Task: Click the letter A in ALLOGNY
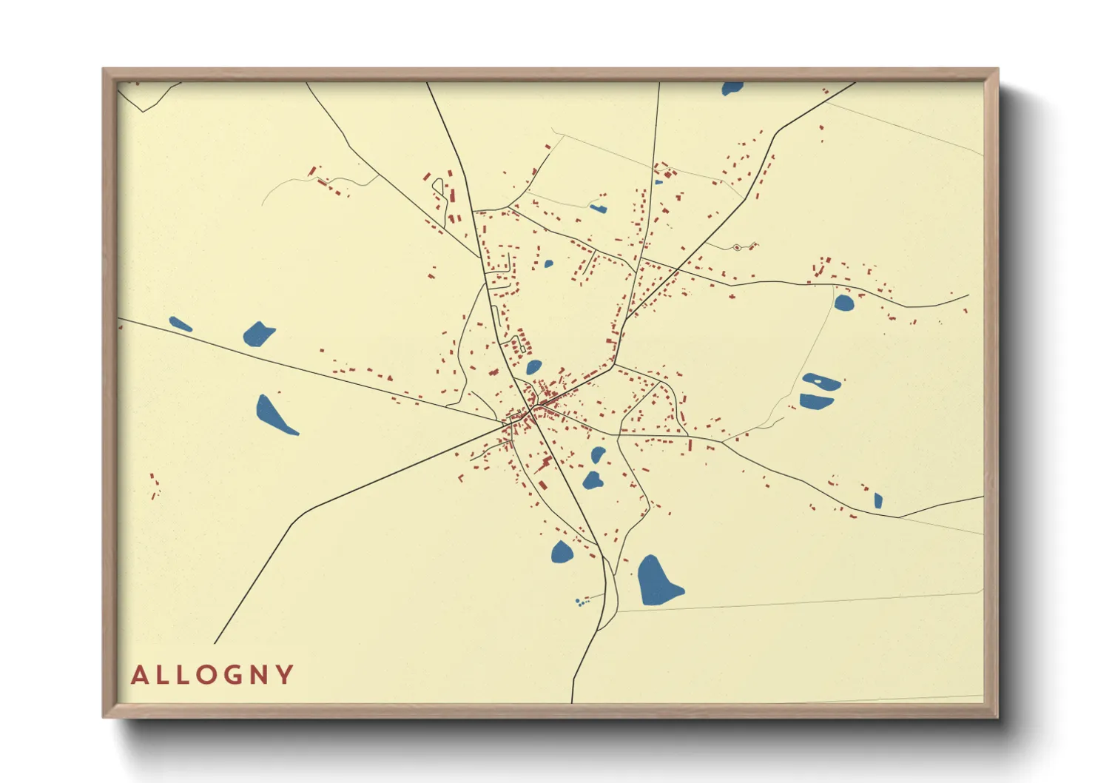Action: (139, 675)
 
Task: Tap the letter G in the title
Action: (233, 675)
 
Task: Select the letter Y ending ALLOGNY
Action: (286, 675)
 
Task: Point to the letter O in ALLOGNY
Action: (207, 675)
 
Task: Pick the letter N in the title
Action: (260, 675)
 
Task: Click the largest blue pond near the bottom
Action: (657, 582)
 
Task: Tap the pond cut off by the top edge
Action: (732, 88)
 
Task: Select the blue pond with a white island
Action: (821, 382)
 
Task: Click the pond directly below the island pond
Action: (815, 401)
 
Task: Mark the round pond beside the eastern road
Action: (843, 302)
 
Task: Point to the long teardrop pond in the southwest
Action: (274, 414)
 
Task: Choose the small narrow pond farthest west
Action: (180, 323)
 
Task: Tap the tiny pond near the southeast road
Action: (877, 501)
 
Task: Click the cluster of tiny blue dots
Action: (582, 602)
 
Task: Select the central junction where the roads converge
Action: (531, 409)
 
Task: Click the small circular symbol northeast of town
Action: (737, 247)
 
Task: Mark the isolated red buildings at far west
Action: (155, 486)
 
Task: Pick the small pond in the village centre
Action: (533, 367)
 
